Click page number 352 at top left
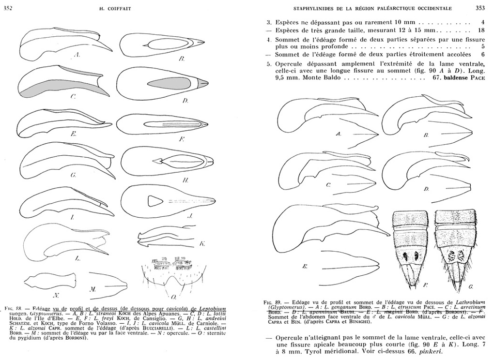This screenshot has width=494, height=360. click(8, 8)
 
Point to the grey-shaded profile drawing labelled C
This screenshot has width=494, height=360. click(61, 82)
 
